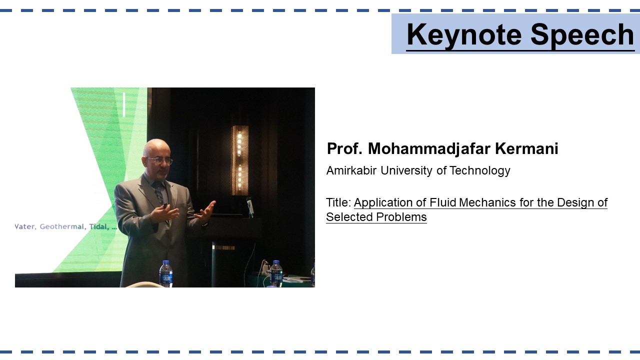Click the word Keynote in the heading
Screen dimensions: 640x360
pyautogui.click(x=464, y=35)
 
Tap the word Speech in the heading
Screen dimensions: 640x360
pyautogui.click(x=582, y=35)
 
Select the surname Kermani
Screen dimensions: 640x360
pyautogui.click(x=526, y=148)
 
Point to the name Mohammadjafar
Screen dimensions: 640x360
pyautogui.click(x=429, y=149)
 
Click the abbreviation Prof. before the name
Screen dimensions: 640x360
pyautogui.click(x=344, y=148)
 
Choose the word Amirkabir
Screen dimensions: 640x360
pyautogui.click(x=351, y=170)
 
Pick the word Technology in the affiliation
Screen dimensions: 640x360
pyautogui.click(x=479, y=171)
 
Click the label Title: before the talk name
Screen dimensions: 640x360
pyautogui.click(x=338, y=202)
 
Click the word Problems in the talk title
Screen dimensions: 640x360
pyautogui.click(x=401, y=217)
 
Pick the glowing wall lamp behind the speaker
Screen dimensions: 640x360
pyautogui.click(x=239, y=160)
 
